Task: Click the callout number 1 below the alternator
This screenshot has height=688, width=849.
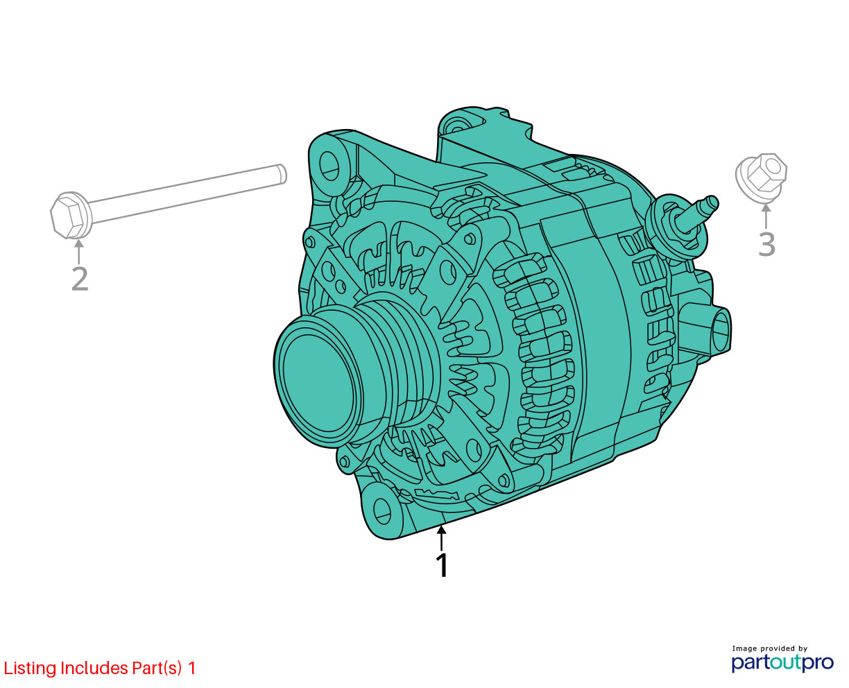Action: point(442,565)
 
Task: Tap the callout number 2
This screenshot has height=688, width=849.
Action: point(80,279)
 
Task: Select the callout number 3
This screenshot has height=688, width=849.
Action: point(766,244)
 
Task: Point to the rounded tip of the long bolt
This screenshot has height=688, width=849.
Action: point(282,175)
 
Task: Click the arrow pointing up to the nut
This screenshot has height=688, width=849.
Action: point(766,216)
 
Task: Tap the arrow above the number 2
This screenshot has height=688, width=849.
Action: point(79,251)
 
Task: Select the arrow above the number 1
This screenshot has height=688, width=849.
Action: point(441,538)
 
